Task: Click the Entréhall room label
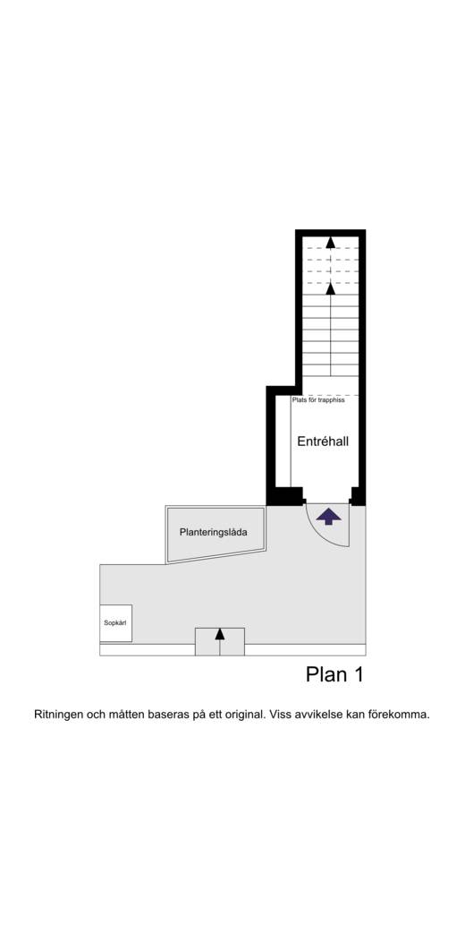pos(323,441)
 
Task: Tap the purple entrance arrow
pos(329,516)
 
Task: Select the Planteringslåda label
pos(214,533)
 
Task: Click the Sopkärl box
pos(115,623)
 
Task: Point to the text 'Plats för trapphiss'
pos(318,400)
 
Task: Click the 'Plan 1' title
pos(334,674)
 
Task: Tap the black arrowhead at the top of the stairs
pos(330,243)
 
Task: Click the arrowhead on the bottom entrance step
pos(220,634)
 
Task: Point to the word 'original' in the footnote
pos(245,715)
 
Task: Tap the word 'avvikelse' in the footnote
pos(318,715)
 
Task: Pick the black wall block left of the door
pos(285,496)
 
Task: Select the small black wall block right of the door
pos(358,496)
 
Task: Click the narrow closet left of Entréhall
pos(283,441)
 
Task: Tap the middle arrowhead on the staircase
pos(330,289)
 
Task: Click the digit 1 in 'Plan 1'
pos(359,674)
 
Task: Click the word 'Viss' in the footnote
pos(281,715)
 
